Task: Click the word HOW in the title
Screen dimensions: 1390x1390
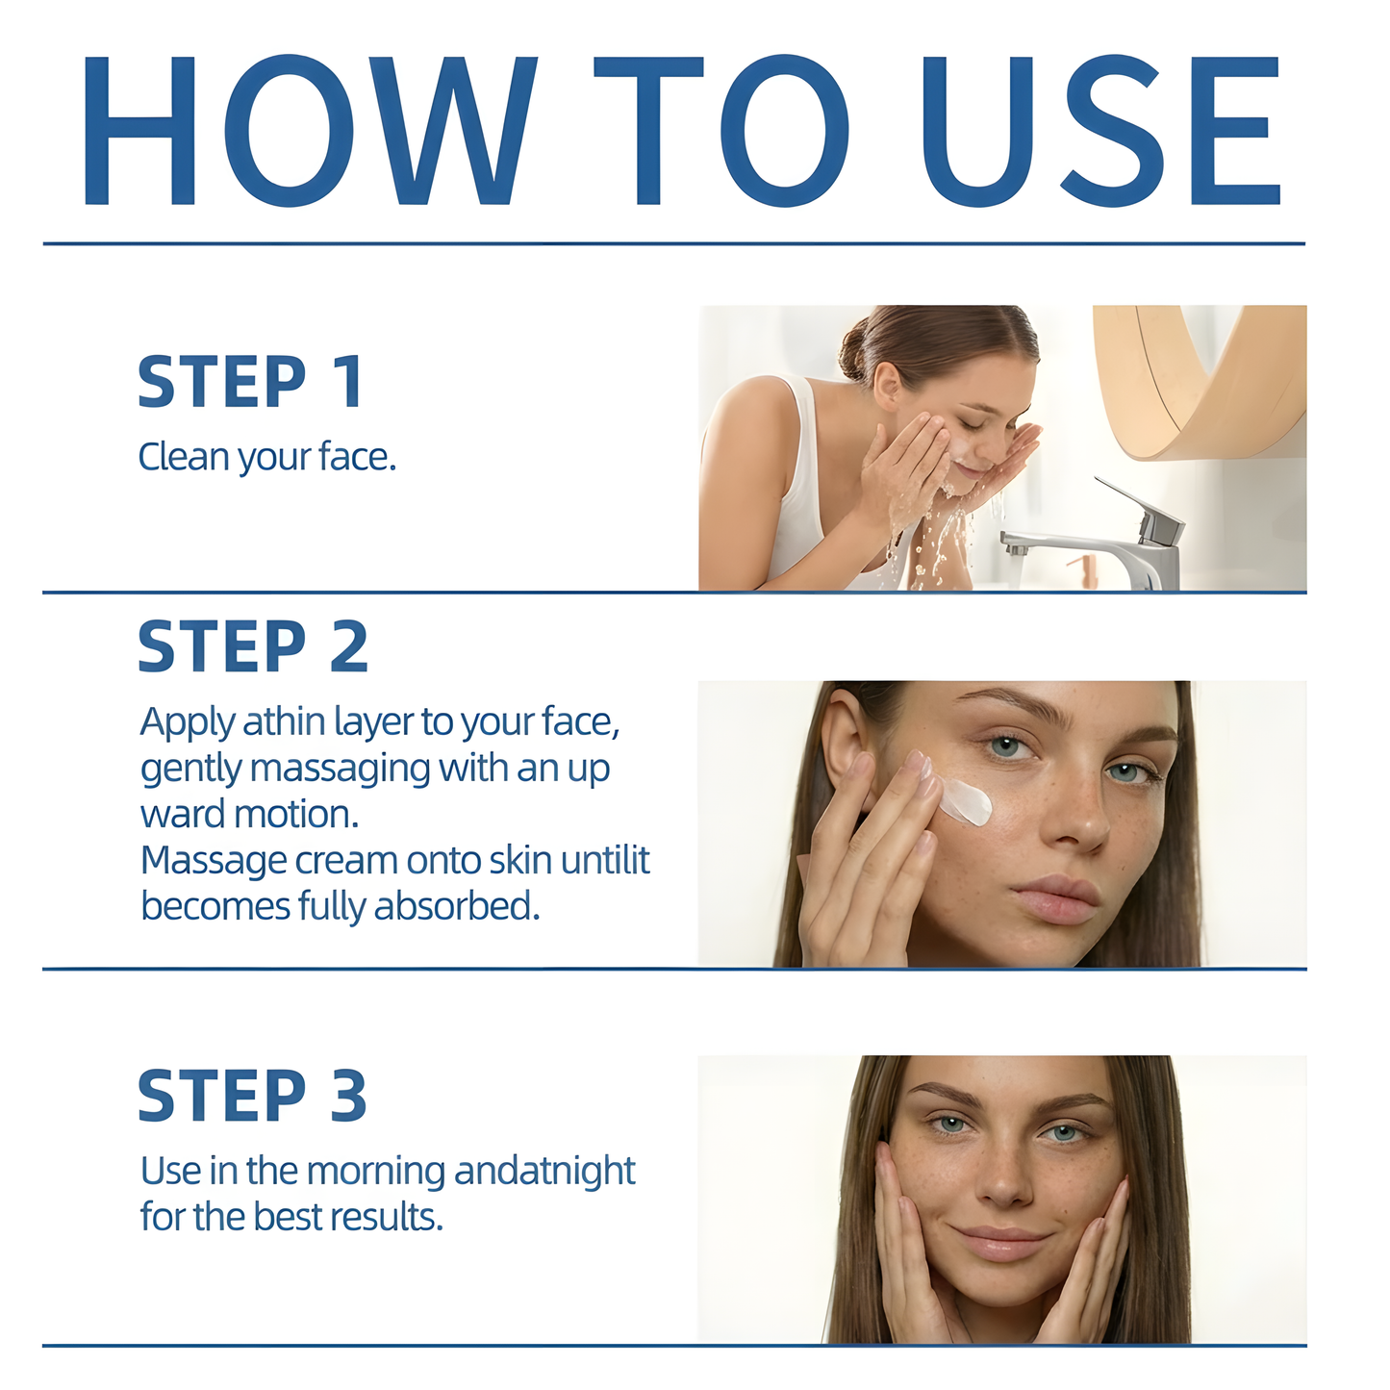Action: tap(308, 130)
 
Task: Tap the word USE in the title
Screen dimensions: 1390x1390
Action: tap(1101, 130)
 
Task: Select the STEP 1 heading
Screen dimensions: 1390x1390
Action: tap(251, 382)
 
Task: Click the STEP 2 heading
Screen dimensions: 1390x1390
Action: tap(253, 646)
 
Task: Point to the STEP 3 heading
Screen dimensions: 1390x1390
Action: tap(252, 1096)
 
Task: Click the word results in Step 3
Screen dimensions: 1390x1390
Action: tap(385, 1218)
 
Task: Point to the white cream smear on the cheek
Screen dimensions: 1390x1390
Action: tap(967, 801)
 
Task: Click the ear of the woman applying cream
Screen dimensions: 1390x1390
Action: tap(847, 741)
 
